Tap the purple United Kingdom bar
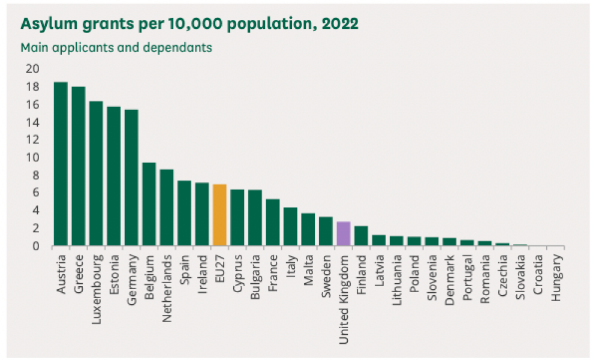point(344,233)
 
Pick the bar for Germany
point(131,178)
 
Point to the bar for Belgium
point(149,204)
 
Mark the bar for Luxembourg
point(96,173)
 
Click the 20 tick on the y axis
point(32,69)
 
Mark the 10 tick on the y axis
point(32,157)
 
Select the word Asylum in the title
point(44,24)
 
